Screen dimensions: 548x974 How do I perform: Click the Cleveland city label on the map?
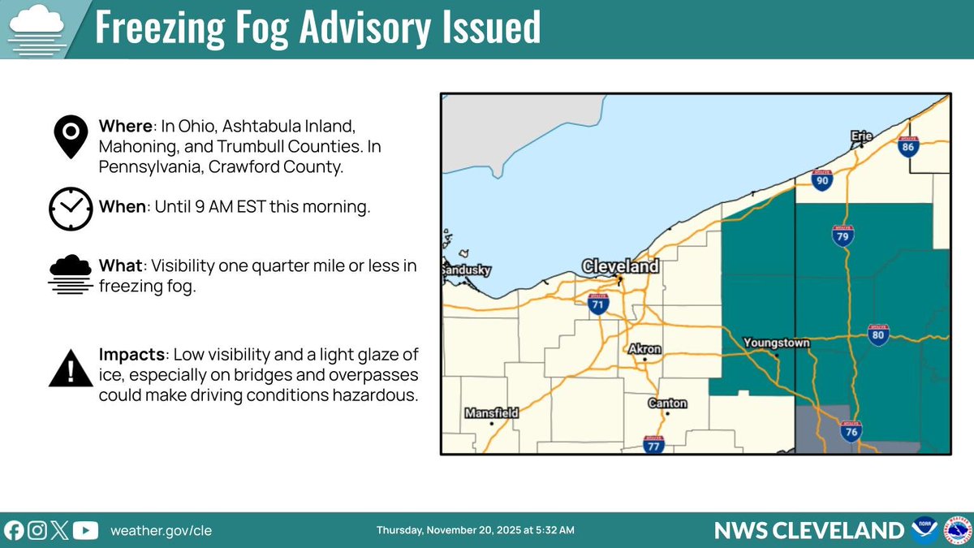(x=620, y=266)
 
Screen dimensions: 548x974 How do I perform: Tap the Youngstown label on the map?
(x=777, y=343)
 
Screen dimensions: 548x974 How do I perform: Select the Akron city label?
(x=645, y=349)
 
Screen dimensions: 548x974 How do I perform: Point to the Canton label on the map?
(x=667, y=403)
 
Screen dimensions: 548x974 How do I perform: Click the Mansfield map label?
(x=491, y=413)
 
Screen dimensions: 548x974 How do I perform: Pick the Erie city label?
(x=861, y=136)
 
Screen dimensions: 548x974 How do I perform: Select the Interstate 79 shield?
(x=843, y=236)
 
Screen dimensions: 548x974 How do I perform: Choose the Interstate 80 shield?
(x=877, y=334)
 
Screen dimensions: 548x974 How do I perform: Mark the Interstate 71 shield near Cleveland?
(x=598, y=304)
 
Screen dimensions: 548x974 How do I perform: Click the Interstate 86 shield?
(x=908, y=146)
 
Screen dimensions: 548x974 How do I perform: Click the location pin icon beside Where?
(x=71, y=136)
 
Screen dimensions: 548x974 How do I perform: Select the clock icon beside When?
(x=71, y=208)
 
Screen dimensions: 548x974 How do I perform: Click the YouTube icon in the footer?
(x=85, y=530)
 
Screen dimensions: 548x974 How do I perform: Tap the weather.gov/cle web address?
(x=161, y=531)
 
